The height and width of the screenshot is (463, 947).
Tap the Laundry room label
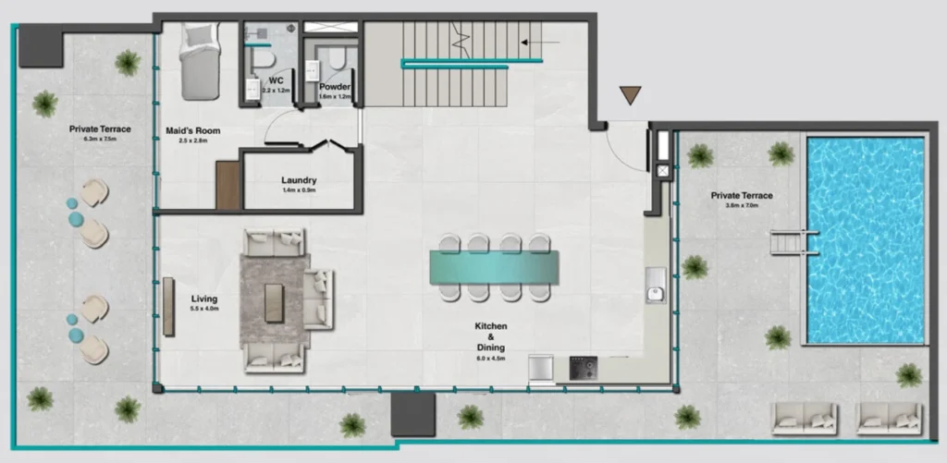coord(299,180)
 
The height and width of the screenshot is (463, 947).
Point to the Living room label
coord(203,299)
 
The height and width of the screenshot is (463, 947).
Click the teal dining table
coord(495,267)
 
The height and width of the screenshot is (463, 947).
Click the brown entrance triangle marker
coord(631,94)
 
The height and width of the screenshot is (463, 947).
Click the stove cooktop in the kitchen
coord(582,368)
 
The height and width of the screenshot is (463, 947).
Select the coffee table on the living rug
coord(274,302)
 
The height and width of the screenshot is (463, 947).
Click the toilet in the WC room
coord(265,59)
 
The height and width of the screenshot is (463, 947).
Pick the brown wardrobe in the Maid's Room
coord(228,185)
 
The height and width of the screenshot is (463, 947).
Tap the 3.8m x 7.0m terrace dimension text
coord(742,205)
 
